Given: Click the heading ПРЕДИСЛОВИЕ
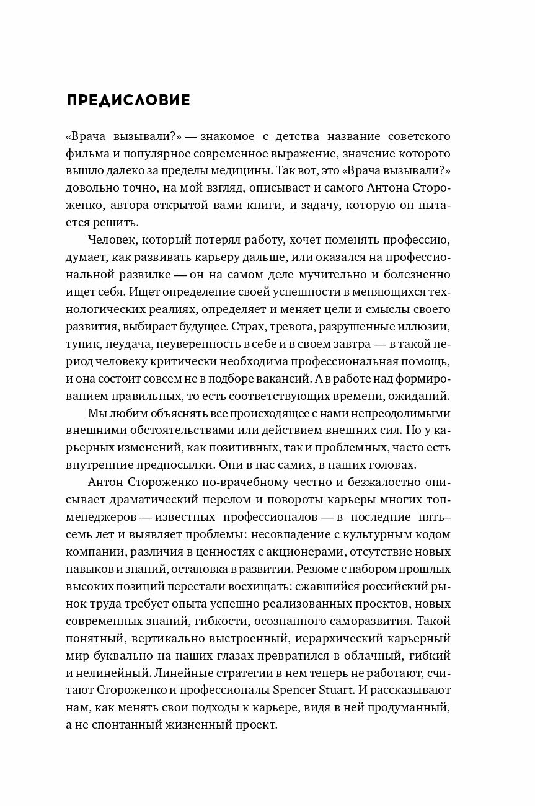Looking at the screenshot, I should [128, 100].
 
